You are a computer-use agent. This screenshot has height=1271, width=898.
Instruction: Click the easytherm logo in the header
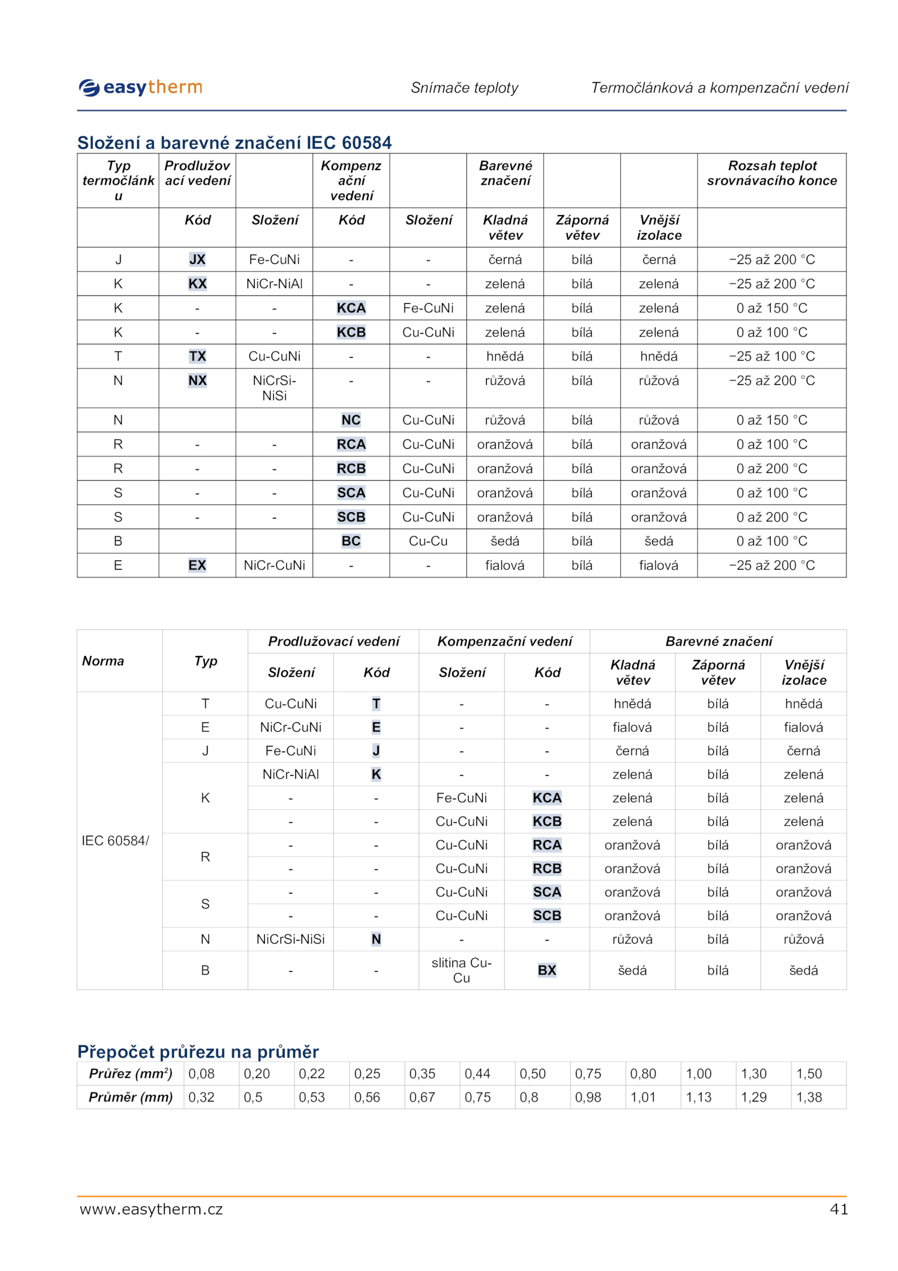pos(140,88)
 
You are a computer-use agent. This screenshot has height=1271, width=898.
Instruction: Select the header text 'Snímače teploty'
pos(464,88)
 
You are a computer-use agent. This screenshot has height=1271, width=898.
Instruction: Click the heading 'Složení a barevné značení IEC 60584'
pos(234,143)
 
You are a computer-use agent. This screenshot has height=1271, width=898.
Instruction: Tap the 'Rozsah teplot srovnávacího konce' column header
pos(772,173)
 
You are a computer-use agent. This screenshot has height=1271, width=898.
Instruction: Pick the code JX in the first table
pos(197,259)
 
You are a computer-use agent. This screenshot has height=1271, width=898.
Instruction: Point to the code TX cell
pos(197,356)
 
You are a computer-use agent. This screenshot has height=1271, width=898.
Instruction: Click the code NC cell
pos(351,420)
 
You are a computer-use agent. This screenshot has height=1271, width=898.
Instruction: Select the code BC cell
pos(351,541)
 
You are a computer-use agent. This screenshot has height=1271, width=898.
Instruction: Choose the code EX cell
pos(197,565)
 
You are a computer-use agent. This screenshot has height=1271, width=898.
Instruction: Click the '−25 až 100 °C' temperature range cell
pos(772,356)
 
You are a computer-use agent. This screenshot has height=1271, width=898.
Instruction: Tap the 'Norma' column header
pos(103,660)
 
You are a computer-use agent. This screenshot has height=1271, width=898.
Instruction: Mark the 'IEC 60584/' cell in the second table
pos(116,840)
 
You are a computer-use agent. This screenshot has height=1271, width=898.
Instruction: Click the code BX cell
pos(547,970)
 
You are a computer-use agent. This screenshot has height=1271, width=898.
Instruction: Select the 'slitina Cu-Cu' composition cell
pos(461,970)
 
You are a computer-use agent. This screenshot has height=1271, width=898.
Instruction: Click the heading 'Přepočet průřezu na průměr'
pos(198,1051)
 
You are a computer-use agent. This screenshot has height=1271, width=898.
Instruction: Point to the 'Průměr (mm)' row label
pos(130,1097)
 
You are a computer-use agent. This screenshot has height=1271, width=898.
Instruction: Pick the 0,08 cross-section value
pos(201,1073)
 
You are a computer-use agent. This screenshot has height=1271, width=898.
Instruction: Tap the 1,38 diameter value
pos(809,1097)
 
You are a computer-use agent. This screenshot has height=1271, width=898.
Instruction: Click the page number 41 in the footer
pos(839,1209)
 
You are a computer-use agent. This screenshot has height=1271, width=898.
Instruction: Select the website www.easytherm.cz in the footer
pos(151,1209)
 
